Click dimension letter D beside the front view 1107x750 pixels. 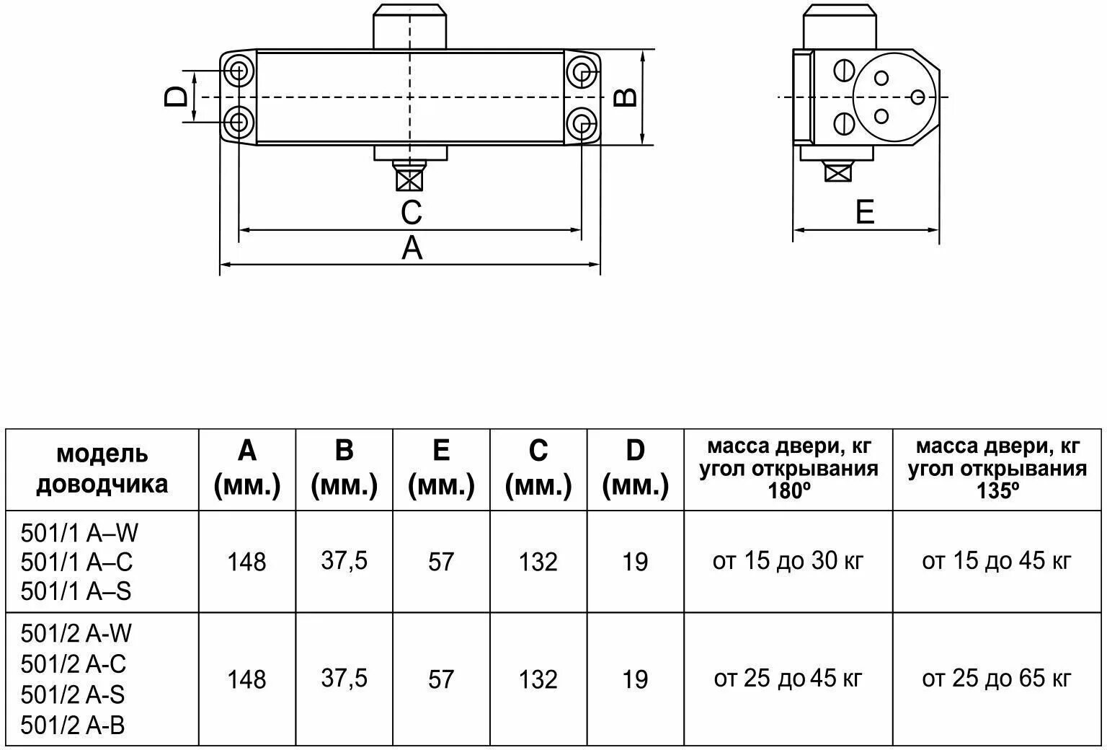[176, 96]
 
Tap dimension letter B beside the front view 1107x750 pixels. [625, 97]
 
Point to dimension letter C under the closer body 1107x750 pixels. [412, 213]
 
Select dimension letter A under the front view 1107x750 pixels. [412, 247]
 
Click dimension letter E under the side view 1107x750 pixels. [865, 212]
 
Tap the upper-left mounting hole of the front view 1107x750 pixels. [239, 71]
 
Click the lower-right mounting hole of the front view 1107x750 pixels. [582, 123]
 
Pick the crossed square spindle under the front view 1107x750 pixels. [409, 180]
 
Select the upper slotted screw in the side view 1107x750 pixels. [844, 70]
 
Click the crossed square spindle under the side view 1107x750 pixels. [838, 173]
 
